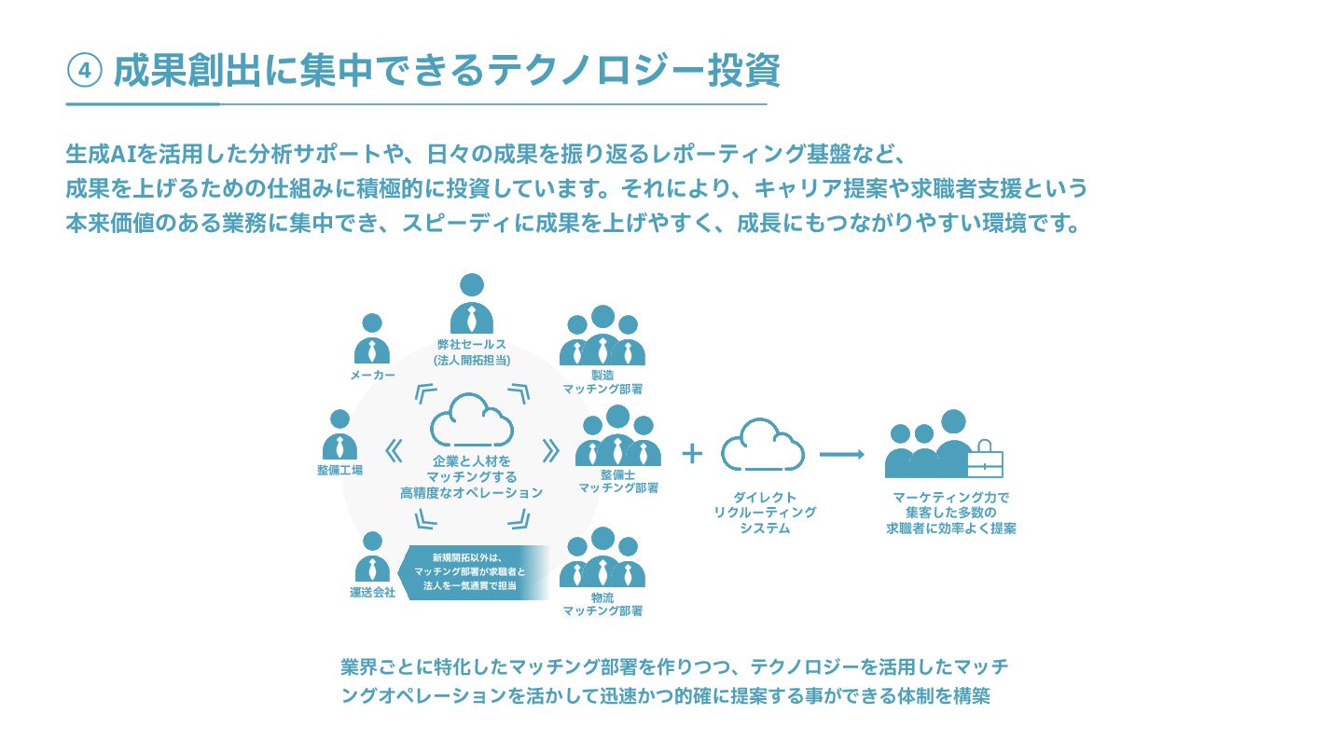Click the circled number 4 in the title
[x=84, y=72]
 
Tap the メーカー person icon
[x=372, y=338]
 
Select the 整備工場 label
[x=339, y=470]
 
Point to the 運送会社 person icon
[x=372, y=556]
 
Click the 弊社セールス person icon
[x=471, y=304]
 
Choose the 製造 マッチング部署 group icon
[x=602, y=336]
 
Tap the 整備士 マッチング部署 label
[x=618, y=481]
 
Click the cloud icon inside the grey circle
[x=472, y=420]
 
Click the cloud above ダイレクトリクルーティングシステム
[x=763, y=445]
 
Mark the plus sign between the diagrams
[x=691, y=453]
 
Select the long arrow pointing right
[x=842, y=454]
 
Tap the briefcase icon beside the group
[x=985, y=459]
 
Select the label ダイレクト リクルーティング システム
[x=764, y=513]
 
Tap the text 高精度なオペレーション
[x=471, y=492]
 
